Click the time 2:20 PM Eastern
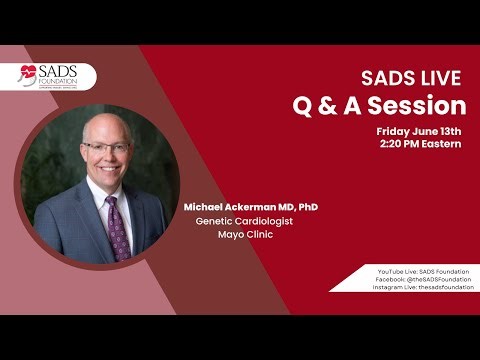[x=423, y=145]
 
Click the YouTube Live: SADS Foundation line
[x=421, y=271]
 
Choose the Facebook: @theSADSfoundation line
[x=421, y=279]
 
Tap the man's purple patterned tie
[x=117, y=225]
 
